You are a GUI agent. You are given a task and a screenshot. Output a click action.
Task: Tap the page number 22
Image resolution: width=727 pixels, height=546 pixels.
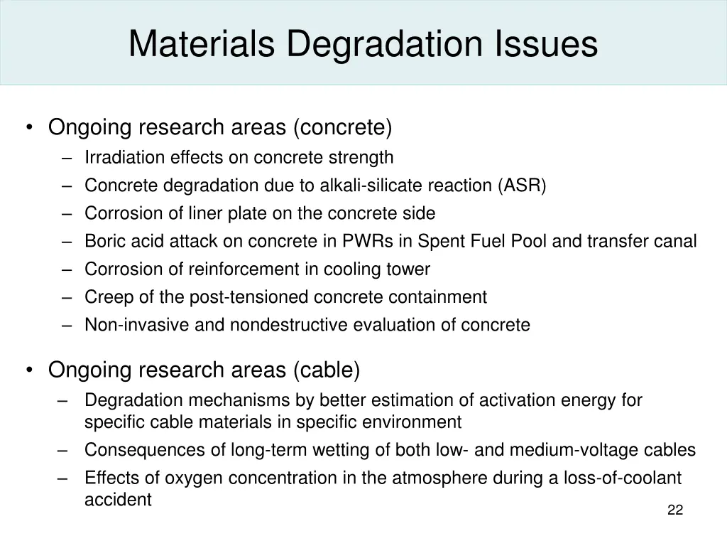[x=675, y=510]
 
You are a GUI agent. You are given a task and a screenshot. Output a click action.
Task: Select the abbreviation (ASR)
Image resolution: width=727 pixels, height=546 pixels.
[x=523, y=186]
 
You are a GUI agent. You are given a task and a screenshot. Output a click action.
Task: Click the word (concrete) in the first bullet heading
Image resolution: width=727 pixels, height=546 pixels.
[x=342, y=128]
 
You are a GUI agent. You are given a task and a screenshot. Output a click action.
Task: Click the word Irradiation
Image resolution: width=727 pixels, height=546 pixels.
[x=124, y=157]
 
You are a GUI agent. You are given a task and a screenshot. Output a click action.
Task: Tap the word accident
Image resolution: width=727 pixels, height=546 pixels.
[x=118, y=500]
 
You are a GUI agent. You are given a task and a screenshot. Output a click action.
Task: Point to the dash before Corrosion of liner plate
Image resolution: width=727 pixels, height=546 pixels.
[x=67, y=213]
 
